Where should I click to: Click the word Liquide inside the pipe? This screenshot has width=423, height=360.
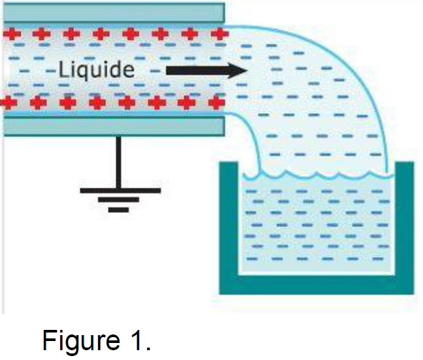click(96, 69)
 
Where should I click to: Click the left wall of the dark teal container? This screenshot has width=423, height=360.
click(228, 223)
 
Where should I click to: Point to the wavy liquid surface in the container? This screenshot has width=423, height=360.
click(316, 175)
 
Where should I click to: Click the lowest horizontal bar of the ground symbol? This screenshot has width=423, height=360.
click(118, 210)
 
